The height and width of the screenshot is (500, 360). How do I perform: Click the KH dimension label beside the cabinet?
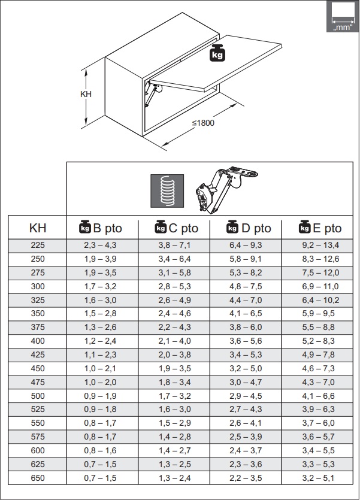86,94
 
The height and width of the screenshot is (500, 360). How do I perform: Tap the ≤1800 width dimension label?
203,123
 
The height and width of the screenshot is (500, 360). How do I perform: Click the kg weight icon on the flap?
217,53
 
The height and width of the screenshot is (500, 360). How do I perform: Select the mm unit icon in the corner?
343,17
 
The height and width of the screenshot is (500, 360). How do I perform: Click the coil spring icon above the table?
167,190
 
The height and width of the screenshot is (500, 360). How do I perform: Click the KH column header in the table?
38,228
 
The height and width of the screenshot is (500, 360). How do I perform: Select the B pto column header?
101,228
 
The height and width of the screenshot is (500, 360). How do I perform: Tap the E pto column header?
320,228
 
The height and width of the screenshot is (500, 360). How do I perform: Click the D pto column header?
249,228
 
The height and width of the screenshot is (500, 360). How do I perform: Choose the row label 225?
38,246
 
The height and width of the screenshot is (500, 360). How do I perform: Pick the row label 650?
38,478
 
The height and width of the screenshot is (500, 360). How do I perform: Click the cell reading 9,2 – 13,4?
320,246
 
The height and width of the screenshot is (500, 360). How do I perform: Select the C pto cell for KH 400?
174,341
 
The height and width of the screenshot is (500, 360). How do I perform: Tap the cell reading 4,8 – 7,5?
246,286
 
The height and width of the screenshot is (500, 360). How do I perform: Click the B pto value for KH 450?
100,368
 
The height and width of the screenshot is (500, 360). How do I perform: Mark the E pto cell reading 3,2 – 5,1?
318,478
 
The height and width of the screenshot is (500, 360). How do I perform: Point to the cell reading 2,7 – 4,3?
246,410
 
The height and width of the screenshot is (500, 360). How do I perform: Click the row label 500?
38,396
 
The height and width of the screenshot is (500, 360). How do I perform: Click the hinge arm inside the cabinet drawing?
152,93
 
